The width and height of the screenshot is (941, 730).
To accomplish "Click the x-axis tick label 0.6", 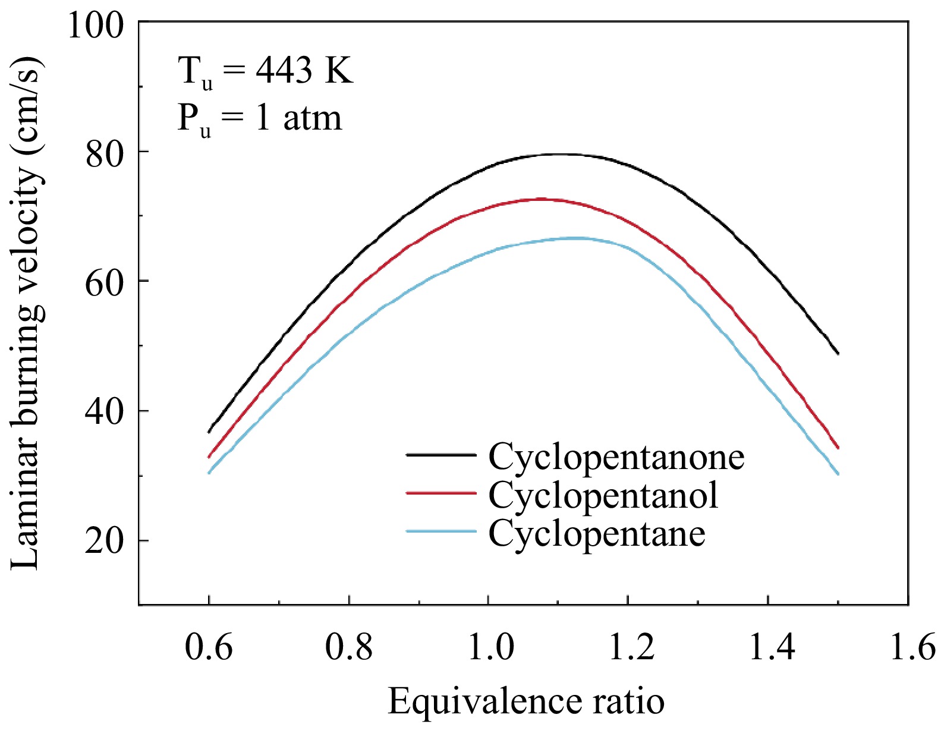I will tap(209, 647).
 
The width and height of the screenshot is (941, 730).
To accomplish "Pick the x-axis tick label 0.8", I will tap(349, 647).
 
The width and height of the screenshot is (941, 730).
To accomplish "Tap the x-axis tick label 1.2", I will tap(630, 647).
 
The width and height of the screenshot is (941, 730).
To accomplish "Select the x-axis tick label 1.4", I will tap(770, 647).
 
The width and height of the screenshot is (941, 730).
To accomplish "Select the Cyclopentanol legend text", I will tap(603, 495).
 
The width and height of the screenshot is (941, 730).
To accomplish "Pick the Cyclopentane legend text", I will tap(597, 533).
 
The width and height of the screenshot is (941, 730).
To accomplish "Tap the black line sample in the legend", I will tap(441, 455).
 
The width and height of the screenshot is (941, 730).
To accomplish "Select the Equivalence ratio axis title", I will tap(526, 702).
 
